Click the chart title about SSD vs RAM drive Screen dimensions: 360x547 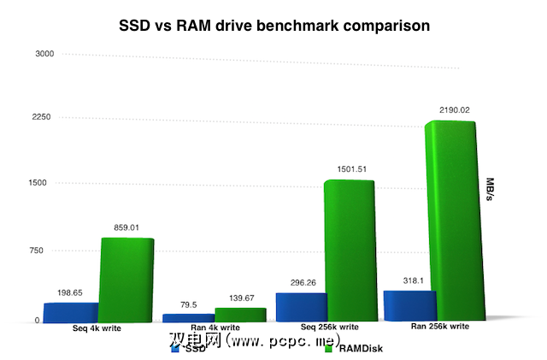274,26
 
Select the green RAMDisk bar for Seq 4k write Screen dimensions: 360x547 126,280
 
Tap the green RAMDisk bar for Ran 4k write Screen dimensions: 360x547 240,315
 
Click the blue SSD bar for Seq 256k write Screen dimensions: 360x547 300,307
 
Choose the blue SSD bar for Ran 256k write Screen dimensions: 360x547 409,305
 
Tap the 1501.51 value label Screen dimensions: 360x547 350,169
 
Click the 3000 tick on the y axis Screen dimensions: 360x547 44,54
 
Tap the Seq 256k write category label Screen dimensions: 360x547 311,326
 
